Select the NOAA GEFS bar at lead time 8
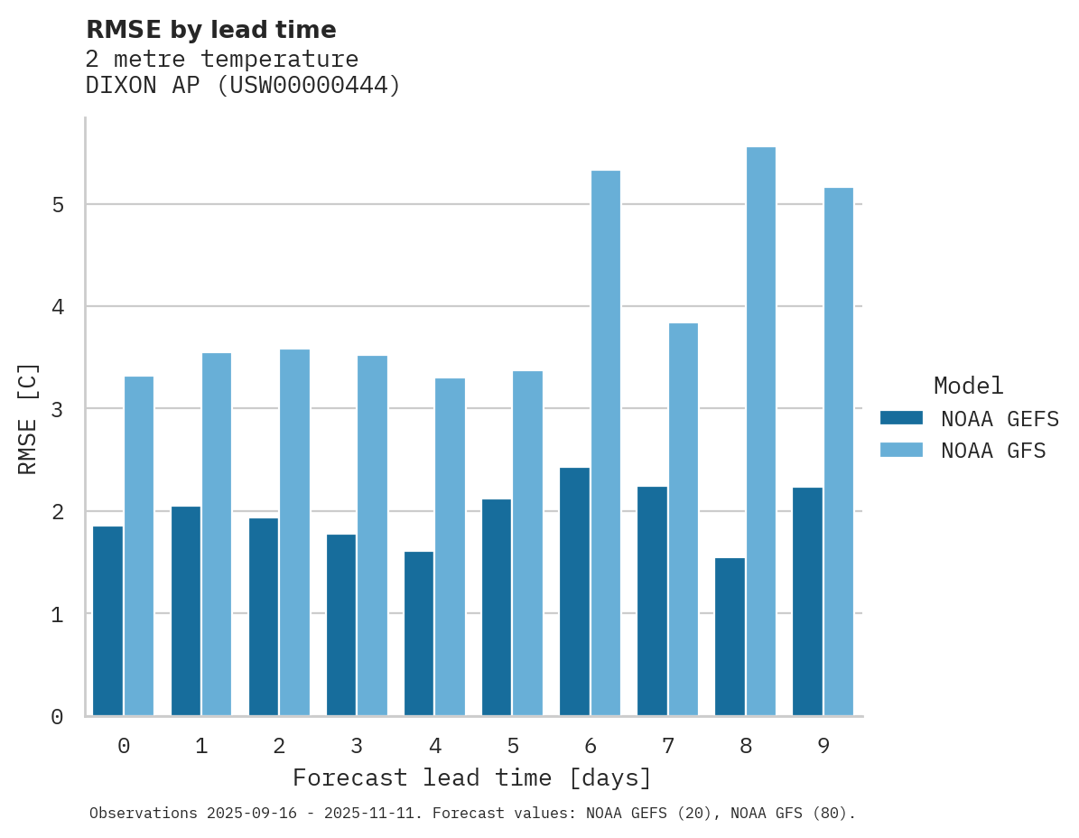click(730, 637)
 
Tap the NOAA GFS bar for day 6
click(606, 442)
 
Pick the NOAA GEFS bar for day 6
click(574, 591)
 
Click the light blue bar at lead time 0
click(139, 546)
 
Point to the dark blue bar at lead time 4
click(419, 633)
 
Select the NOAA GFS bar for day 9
click(839, 452)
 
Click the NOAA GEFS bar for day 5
click(497, 607)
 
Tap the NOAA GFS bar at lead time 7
click(684, 519)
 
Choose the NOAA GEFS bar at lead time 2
click(264, 617)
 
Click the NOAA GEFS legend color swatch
click(901, 418)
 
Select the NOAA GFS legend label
click(993, 451)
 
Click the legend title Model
click(968, 386)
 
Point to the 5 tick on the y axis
click(58, 205)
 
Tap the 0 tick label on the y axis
click(58, 717)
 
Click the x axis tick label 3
click(357, 746)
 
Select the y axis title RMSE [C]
click(28, 418)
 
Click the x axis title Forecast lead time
click(471, 777)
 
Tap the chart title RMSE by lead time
click(210, 30)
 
